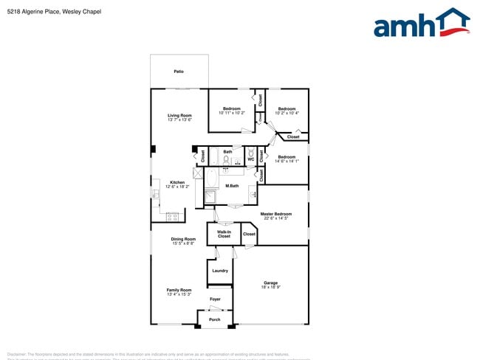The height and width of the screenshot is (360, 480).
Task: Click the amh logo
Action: pyautogui.click(x=422, y=23)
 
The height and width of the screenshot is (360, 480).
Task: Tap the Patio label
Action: pyautogui.click(x=179, y=72)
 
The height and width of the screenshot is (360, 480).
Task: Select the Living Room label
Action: pyautogui.click(x=179, y=115)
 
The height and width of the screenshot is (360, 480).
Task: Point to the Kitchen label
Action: pyautogui.click(x=177, y=182)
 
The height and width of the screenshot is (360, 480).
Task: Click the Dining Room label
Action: pyautogui.click(x=183, y=239)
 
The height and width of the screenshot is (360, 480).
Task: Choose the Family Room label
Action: pyautogui.click(x=179, y=290)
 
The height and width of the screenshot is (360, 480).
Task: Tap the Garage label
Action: pyautogui.click(x=271, y=283)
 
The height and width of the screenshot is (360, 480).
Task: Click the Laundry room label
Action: pyautogui.click(x=220, y=271)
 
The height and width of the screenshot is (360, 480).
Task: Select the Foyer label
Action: pyautogui.click(x=215, y=299)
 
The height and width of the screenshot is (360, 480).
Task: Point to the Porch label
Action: pyautogui.click(x=215, y=319)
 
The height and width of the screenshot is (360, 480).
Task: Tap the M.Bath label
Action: pyautogui.click(x=232, y=185)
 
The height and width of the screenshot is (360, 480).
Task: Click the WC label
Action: pyautogui.click(x=250, y=159)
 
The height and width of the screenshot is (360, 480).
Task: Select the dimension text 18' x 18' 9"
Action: pyautogui.click(x=271, y=287)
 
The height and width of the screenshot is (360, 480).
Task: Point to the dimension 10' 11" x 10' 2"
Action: pyautogui.click(x=232, y=113)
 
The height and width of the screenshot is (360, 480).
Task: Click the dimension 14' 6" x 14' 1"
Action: pyautogui.click(x=287, y=162)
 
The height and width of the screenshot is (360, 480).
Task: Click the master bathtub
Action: pyautogui.click(x=210, y=179)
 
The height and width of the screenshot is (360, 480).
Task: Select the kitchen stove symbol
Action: pyautogui.click(x=174, y=217)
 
